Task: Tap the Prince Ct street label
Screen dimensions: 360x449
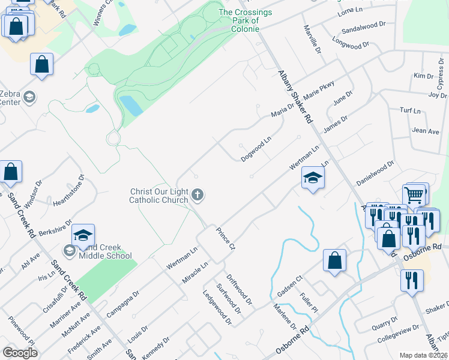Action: click(226, 239)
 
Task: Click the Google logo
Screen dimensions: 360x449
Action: click(20, 352)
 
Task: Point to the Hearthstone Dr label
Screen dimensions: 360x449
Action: click(69, 190)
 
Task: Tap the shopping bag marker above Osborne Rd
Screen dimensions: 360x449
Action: click(335, 260)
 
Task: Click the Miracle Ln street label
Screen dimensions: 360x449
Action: click(196, 273)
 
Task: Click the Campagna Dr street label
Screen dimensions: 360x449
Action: click(122, 304)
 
